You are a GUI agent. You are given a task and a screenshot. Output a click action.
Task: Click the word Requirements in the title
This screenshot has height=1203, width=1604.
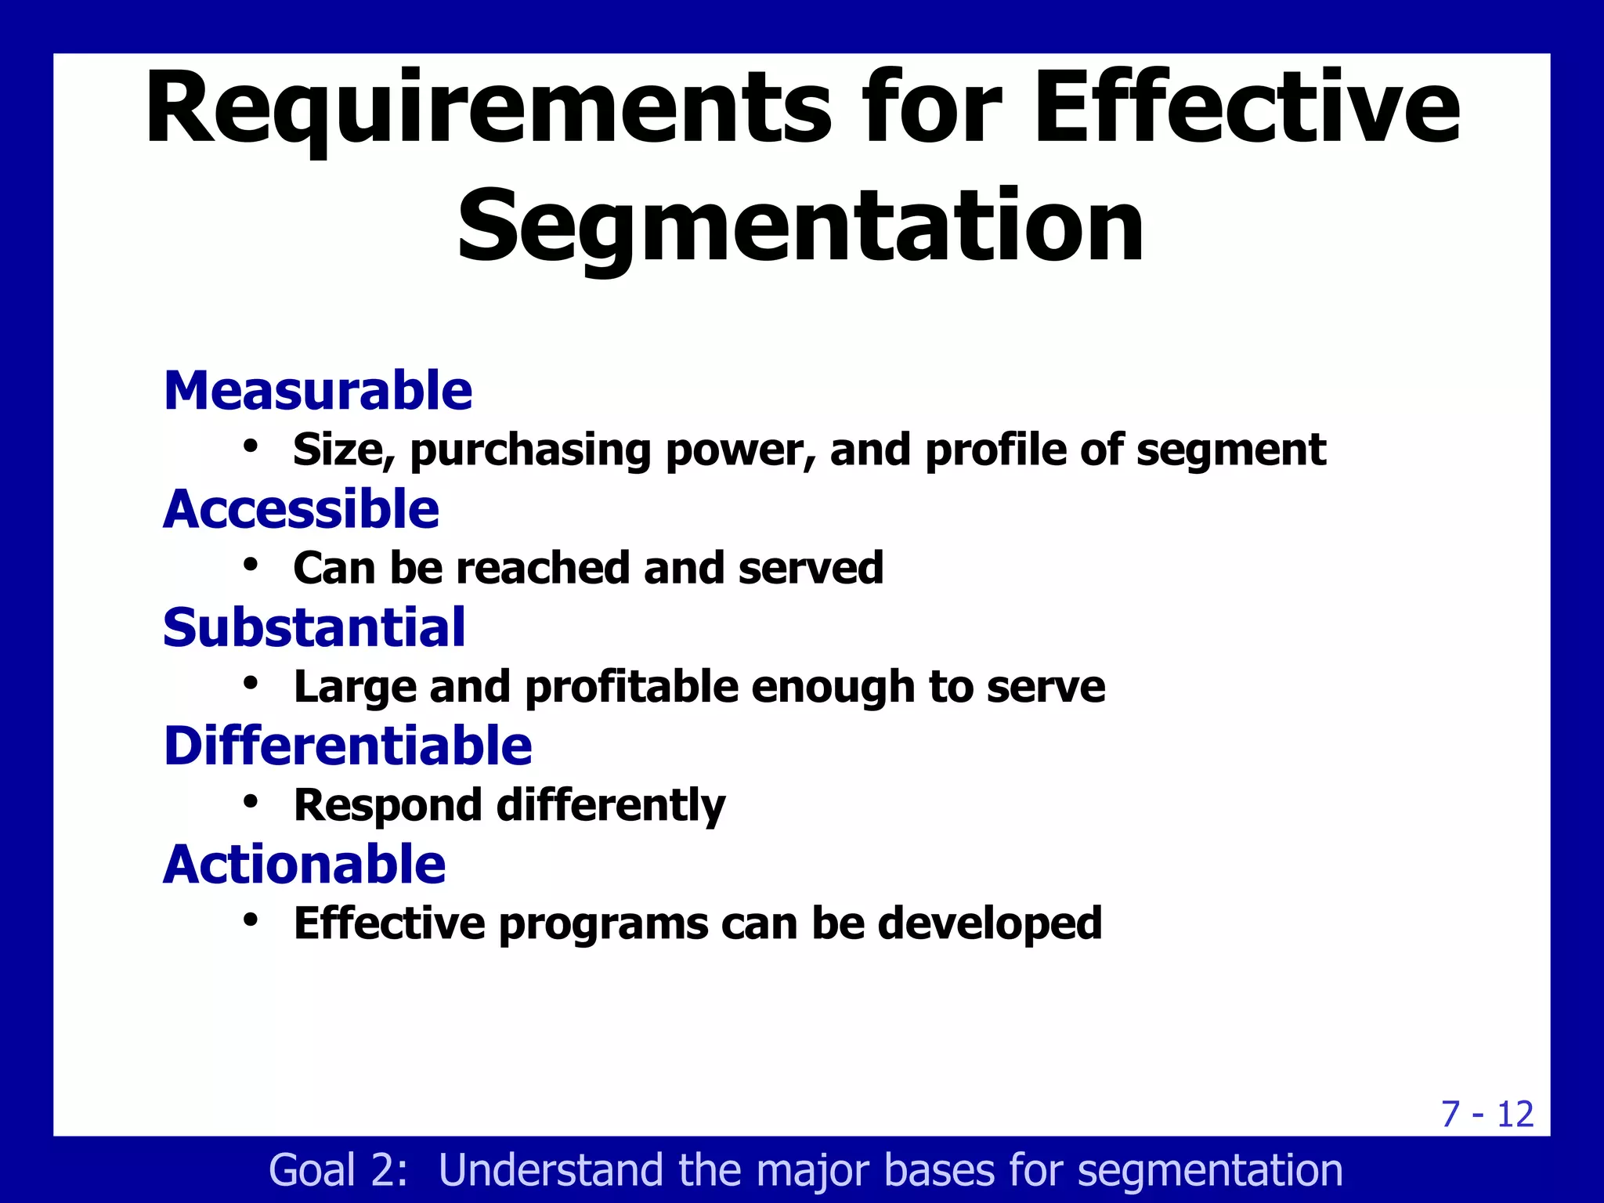[x=486, y=110]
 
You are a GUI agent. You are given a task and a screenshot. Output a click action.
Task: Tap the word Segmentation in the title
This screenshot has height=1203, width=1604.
[x=800, y=227]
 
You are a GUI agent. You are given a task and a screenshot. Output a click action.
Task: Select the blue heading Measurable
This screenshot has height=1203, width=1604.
[x=317, y=391]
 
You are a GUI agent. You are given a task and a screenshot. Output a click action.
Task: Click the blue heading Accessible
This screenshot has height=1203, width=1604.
[x=301, y=509]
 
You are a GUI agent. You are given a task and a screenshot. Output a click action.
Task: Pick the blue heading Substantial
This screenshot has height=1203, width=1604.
[x=314, y=628]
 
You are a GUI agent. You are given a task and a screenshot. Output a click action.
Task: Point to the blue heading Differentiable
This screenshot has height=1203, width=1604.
[x=347, y=746]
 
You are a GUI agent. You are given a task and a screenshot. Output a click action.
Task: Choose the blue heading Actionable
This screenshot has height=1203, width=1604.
[x=304, y=865]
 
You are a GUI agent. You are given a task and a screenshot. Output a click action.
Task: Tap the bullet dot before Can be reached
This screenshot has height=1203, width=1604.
[x=251, y=565]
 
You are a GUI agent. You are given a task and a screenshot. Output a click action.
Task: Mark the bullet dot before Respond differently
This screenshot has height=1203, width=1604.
[x=251, y=801]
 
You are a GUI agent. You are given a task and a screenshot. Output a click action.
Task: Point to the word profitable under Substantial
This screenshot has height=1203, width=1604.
[x=631, y=687]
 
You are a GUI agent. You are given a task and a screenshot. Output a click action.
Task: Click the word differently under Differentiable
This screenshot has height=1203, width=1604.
[x=611, y=806]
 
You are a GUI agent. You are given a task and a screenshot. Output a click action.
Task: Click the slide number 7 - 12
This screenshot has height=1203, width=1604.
[x=1487, y=1114]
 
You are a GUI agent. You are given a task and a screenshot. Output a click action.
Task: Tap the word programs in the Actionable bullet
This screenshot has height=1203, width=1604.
[x=603, y=925]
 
